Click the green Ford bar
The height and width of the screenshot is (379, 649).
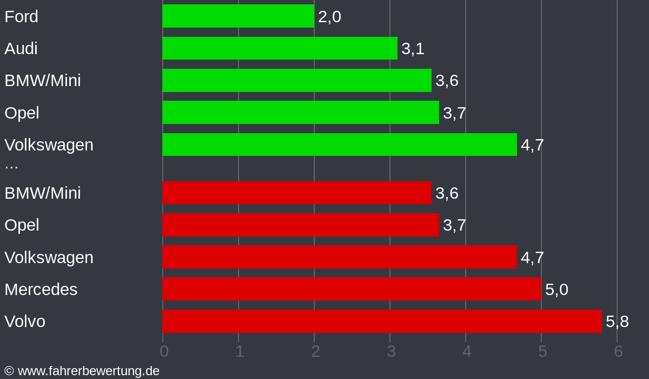click(238, 16)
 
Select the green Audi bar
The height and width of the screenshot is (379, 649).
click(280, 48)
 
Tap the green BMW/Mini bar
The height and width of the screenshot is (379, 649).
click(296, 80)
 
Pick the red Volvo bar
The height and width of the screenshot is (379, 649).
click(382, 321)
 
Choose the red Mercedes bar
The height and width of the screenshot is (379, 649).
click(352, 289)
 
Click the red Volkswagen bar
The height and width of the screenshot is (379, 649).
click(339, 257)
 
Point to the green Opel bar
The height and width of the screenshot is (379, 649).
click(300, 113)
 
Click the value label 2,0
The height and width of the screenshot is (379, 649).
click(329, 17)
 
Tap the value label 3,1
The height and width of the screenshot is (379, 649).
click(413, 49)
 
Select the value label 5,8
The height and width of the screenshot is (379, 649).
click(617, 322)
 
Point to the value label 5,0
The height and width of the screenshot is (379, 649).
click(557, 290)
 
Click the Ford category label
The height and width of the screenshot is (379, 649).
click(21, 17)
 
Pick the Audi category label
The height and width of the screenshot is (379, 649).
click(21, 49)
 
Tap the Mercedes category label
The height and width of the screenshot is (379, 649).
click(41, 290)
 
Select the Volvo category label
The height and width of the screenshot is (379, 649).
click(25, 322)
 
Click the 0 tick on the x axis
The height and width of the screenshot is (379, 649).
click(164, 351)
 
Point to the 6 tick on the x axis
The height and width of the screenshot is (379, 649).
click(618, 351)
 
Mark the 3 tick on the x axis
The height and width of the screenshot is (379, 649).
click(391, 351)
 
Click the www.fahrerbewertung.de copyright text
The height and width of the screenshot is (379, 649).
click(82, 371)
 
